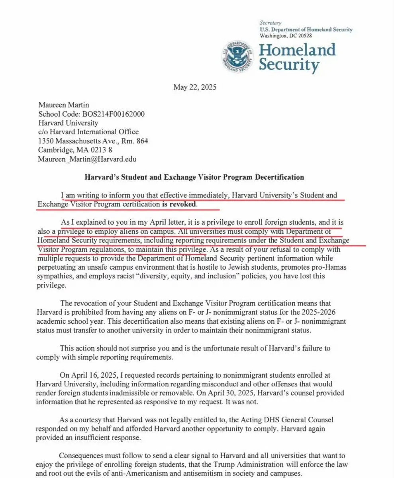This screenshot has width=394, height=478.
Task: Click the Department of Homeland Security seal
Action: pyautogui.click(x=237, y=57)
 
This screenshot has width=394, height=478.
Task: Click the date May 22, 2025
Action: pyautogui.click(x=195, y=87)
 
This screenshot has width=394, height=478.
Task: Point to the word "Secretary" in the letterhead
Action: pyautogui.click(x=270, y=23)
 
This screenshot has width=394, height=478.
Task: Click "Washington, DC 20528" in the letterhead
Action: pyautogui.click(x=286, y=35)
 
